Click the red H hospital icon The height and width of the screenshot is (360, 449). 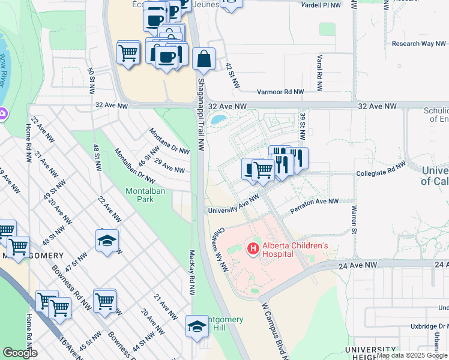pos(253,248)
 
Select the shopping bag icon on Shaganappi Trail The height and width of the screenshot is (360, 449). pos(204,59)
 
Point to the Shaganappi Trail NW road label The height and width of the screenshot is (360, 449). pos(201,114)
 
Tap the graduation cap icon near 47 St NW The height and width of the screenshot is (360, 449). pos(107,241)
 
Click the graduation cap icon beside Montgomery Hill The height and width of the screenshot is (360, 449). pos(196,326)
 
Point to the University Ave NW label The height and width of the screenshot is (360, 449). pos(234,204)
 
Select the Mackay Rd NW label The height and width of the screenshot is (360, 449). pos(192,273)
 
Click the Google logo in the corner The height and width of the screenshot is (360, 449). pos(20,353)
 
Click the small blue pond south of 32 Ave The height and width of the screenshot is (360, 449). pos(219,119)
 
